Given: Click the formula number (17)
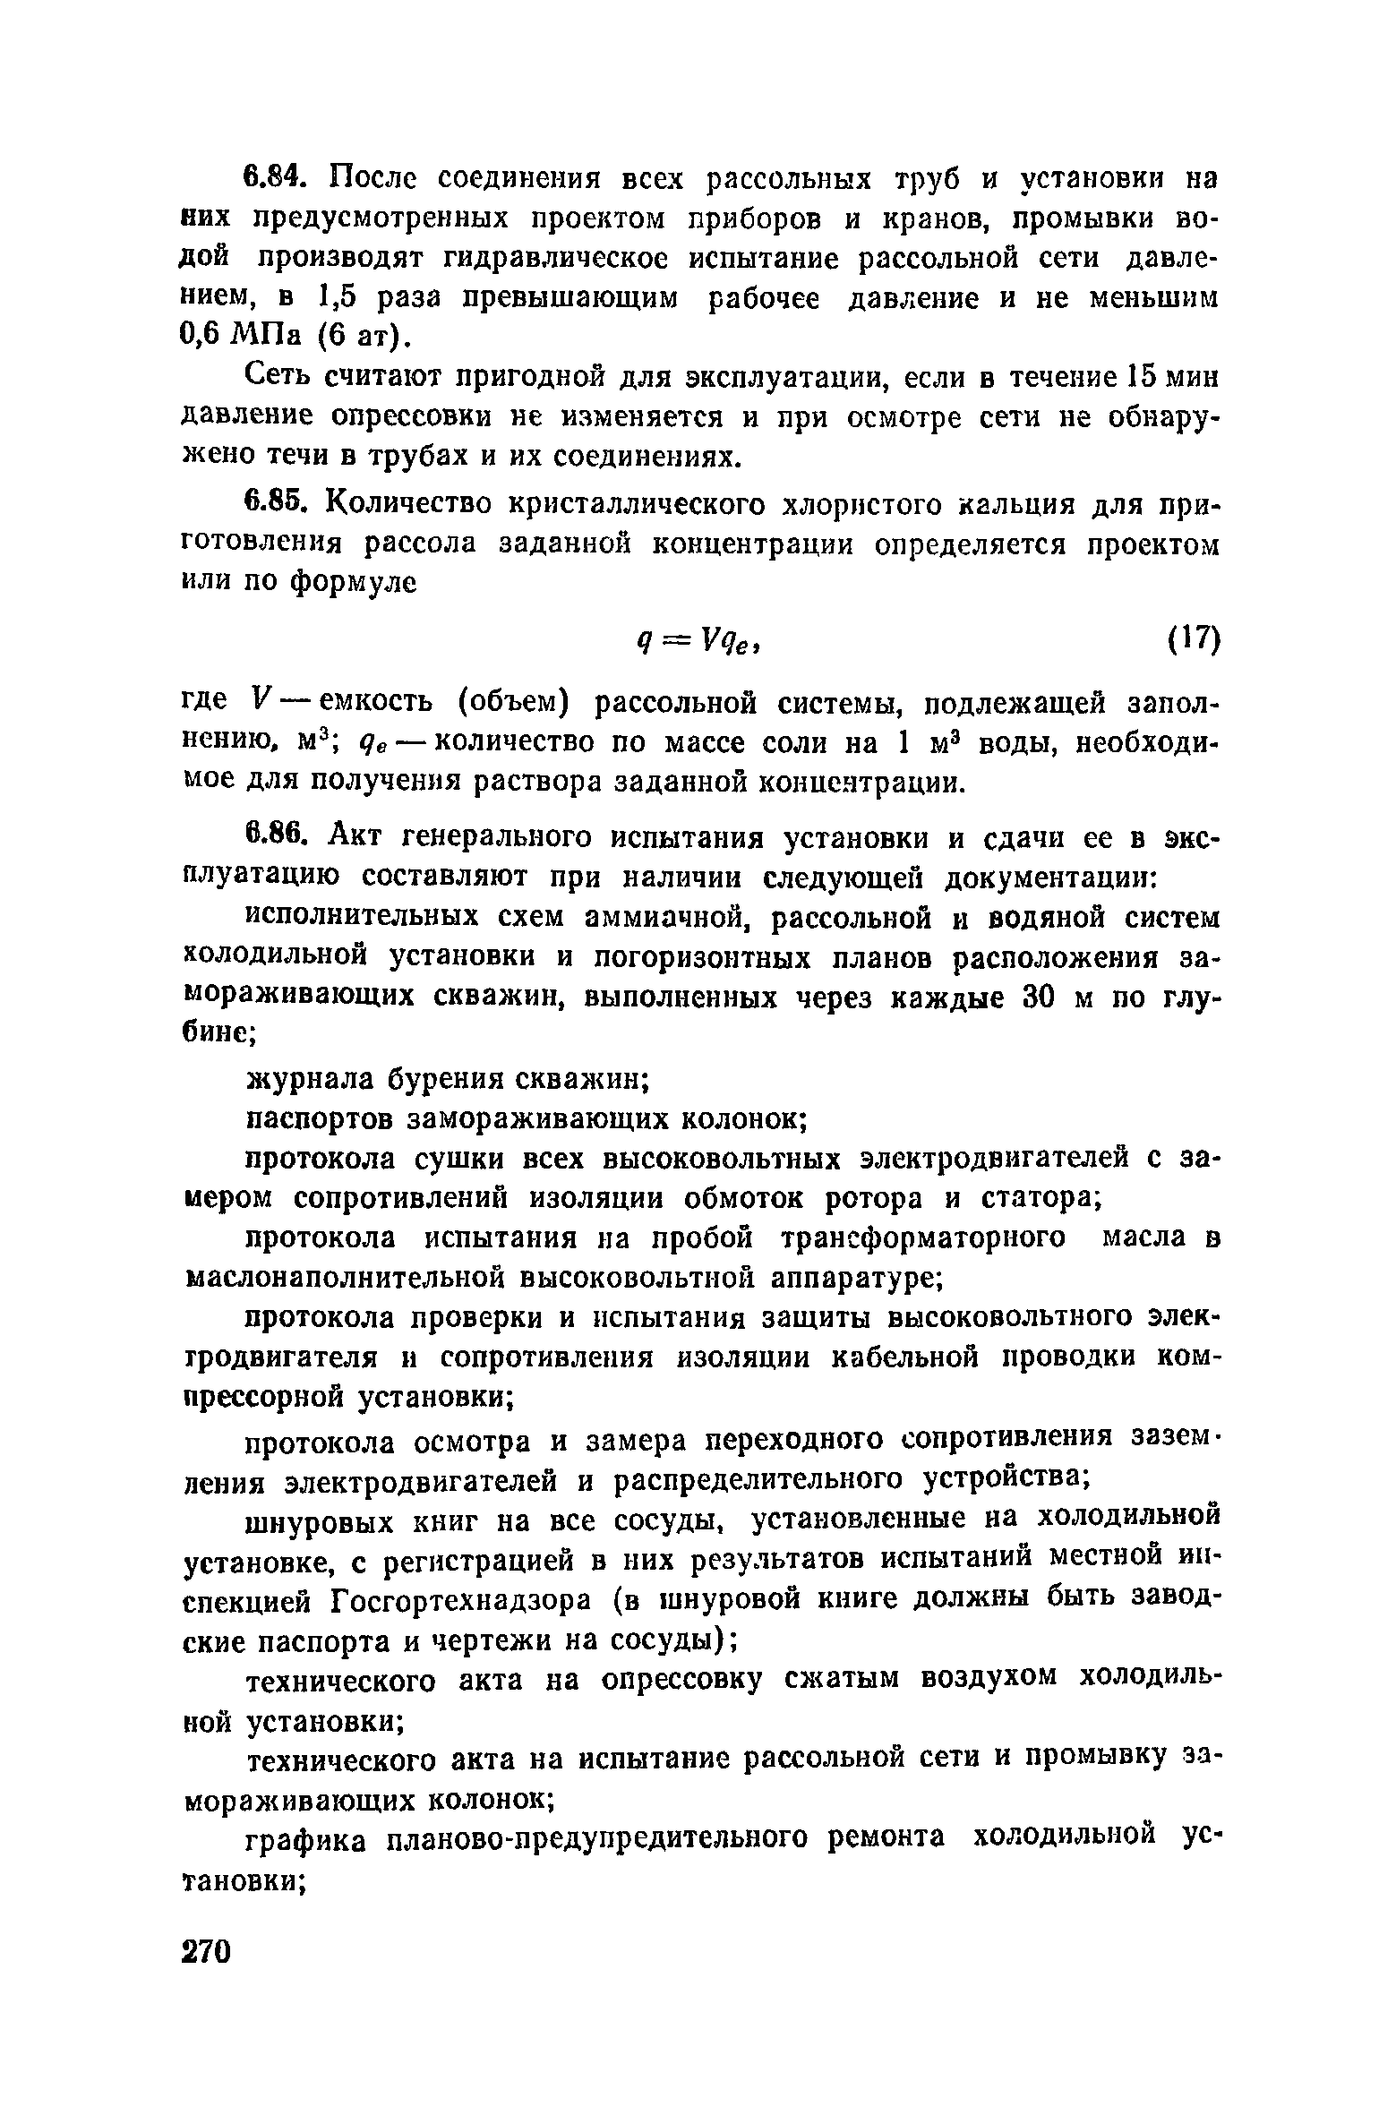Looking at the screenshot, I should click(x=1193, y=639).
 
